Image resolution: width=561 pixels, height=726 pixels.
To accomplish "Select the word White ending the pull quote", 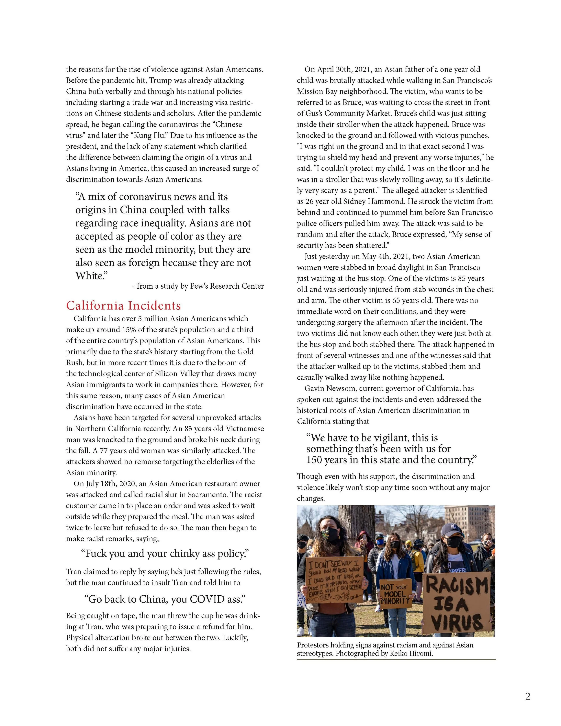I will [90, 276].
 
